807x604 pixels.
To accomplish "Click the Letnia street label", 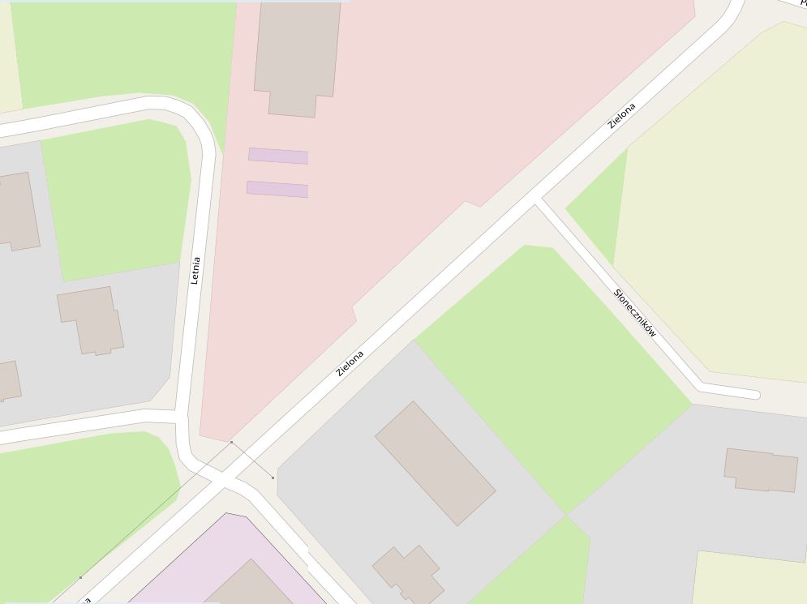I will (195, 271).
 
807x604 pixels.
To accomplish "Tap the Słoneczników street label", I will (635, 312).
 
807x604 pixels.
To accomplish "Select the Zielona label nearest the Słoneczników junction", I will (622, 116).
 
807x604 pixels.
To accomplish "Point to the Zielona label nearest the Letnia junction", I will (350, 362).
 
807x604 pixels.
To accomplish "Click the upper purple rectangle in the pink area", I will (278, 156).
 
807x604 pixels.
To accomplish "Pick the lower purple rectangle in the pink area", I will (277, 190).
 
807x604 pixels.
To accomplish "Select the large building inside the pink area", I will (297, 57).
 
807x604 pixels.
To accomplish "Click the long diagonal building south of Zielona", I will (435, 463).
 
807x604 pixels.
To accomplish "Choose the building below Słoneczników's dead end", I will (760, 470).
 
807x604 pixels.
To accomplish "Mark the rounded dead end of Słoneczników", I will (753, 395).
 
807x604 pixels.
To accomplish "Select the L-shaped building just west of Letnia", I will (91, 319).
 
